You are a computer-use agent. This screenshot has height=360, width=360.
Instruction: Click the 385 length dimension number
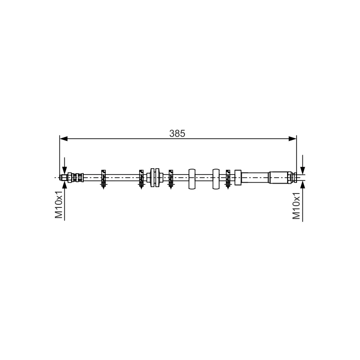click(177, 133)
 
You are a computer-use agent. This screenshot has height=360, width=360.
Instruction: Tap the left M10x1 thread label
click(59, 204)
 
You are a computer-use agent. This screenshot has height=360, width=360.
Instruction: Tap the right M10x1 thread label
click(296, 206)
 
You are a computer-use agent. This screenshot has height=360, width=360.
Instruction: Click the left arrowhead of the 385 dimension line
click(63, 139)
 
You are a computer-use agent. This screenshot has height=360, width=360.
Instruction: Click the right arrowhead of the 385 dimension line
click(292, 139)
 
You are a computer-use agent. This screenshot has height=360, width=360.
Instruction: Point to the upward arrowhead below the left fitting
click(64, 184)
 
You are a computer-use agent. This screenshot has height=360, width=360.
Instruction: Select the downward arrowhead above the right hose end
click(302, 171)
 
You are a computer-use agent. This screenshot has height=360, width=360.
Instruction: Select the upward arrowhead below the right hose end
click(302, 184)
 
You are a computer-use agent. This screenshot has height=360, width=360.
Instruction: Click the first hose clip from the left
click(103, 179)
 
